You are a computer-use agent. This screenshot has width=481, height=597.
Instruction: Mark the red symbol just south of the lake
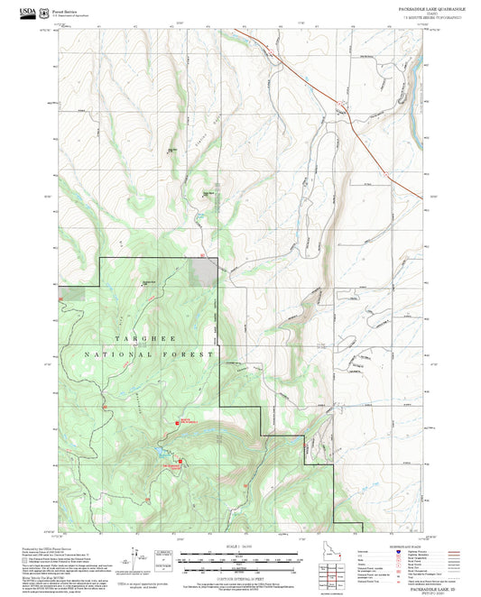pyautogui.click(x=178, y=465)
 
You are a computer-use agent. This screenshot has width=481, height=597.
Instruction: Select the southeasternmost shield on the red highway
pyautogui.click(x=398, y=178)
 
